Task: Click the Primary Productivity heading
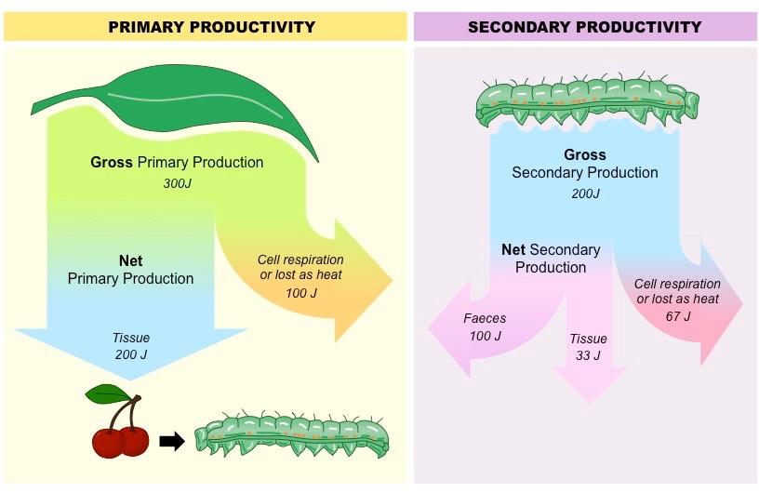click(211, 27)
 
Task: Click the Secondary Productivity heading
click(584, 27)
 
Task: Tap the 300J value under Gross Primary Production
click(178, 183)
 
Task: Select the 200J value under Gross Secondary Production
click(585, 193)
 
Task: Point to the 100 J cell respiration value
click(301, 293)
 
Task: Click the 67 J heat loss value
click(678, 316)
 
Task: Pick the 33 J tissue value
click(588, 355)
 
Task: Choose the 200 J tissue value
click(131, 354)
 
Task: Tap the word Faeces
click(485, 318)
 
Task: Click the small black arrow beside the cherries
click(172, 441)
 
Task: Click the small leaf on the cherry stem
click(107, 394)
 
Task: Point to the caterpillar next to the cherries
click(291, 433)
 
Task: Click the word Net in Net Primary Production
click(131, 261)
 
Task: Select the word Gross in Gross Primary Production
click(112, 162)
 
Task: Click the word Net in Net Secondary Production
click(513, 250)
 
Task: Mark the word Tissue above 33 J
click(588, 339)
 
